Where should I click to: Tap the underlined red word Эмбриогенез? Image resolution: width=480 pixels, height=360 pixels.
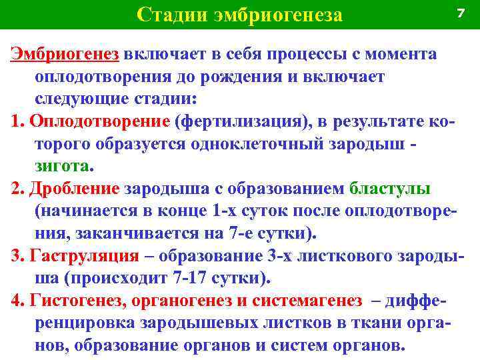[64, 54]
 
